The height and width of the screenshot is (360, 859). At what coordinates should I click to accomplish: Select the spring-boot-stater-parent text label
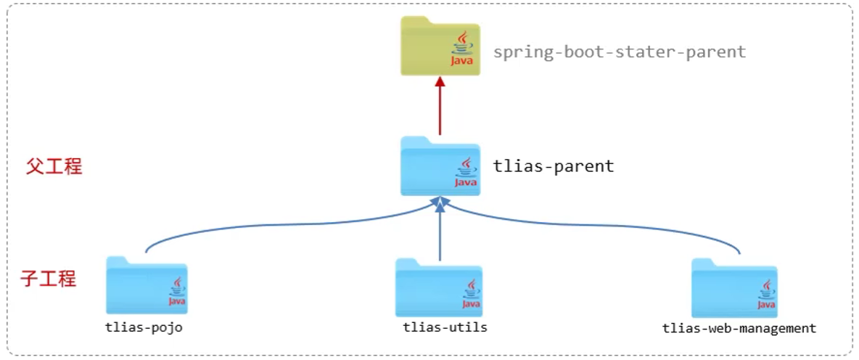click(620, 52)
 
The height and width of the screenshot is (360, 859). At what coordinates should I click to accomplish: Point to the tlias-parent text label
click(554, 166)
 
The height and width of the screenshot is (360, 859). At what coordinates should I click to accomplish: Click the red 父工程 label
click(54, 167)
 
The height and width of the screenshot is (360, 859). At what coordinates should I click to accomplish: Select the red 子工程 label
click(49, 279)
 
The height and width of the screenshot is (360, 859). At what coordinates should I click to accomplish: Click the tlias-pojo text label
click(144, 327)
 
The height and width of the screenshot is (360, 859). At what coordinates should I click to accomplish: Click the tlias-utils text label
click(445, 327)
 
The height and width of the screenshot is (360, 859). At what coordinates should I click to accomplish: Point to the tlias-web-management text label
click(739, 328)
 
